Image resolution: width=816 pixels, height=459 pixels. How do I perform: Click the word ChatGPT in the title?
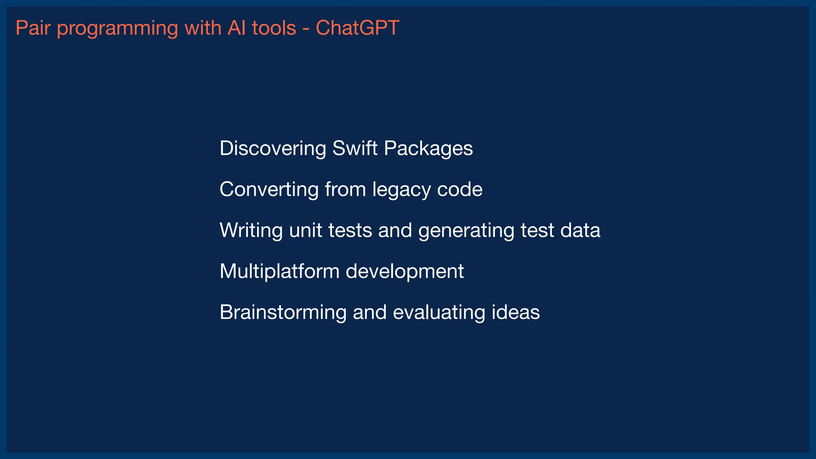click(x=357, y=28)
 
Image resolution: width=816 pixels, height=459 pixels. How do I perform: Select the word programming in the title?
click(x=117, y=29)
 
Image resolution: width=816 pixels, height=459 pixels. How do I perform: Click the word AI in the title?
click(x=236, y=28)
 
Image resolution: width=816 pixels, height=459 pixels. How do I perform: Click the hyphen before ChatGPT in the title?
click(x=306, y=29)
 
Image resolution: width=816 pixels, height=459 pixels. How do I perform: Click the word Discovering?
click(x=273, y=148)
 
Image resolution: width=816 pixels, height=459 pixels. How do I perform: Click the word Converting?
click(x=269, y=189)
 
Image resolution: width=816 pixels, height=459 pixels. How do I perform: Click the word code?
click(x=460, y=189)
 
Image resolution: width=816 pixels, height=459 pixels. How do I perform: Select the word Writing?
click(x=251, y=230)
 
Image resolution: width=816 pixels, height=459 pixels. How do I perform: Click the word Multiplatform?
click(x=279, y=272)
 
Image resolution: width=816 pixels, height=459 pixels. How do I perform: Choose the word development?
click(x=404, y=272)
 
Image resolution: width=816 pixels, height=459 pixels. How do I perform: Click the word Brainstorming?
click(x=283, y=312)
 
